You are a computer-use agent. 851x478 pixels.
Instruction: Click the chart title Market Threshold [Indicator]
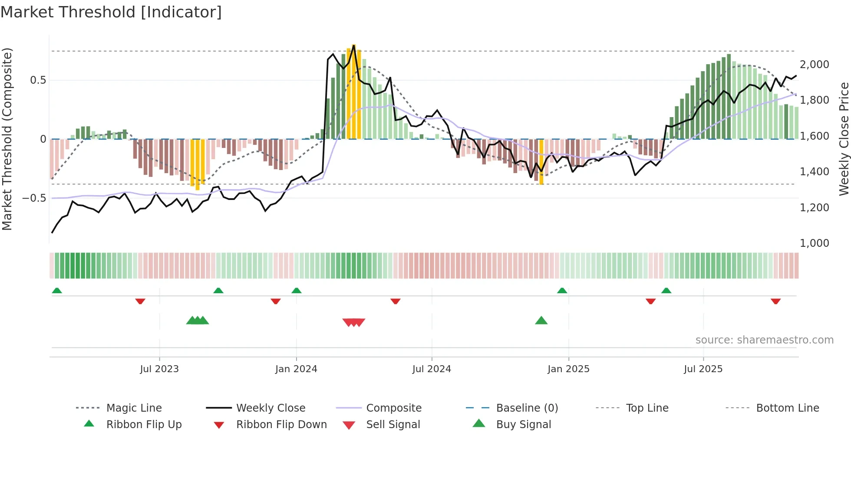[111, 12]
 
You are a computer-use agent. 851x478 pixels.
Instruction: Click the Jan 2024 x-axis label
[296, 369]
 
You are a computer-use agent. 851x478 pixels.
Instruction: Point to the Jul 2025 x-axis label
[703, 369]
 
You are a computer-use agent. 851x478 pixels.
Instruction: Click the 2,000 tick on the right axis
[814, 65]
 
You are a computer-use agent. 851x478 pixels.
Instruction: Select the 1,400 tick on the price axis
[814, 172]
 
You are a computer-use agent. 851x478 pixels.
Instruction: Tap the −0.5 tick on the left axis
[34, 198]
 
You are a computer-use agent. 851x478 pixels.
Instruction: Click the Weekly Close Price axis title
[844, 139]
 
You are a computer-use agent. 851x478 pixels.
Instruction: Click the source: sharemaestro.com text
[764, 340]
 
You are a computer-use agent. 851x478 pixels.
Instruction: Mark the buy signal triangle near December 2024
[541, 321]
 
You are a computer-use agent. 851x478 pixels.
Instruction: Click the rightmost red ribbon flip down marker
[775, 301]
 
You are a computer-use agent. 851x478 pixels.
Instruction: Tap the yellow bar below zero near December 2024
[541, 161]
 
